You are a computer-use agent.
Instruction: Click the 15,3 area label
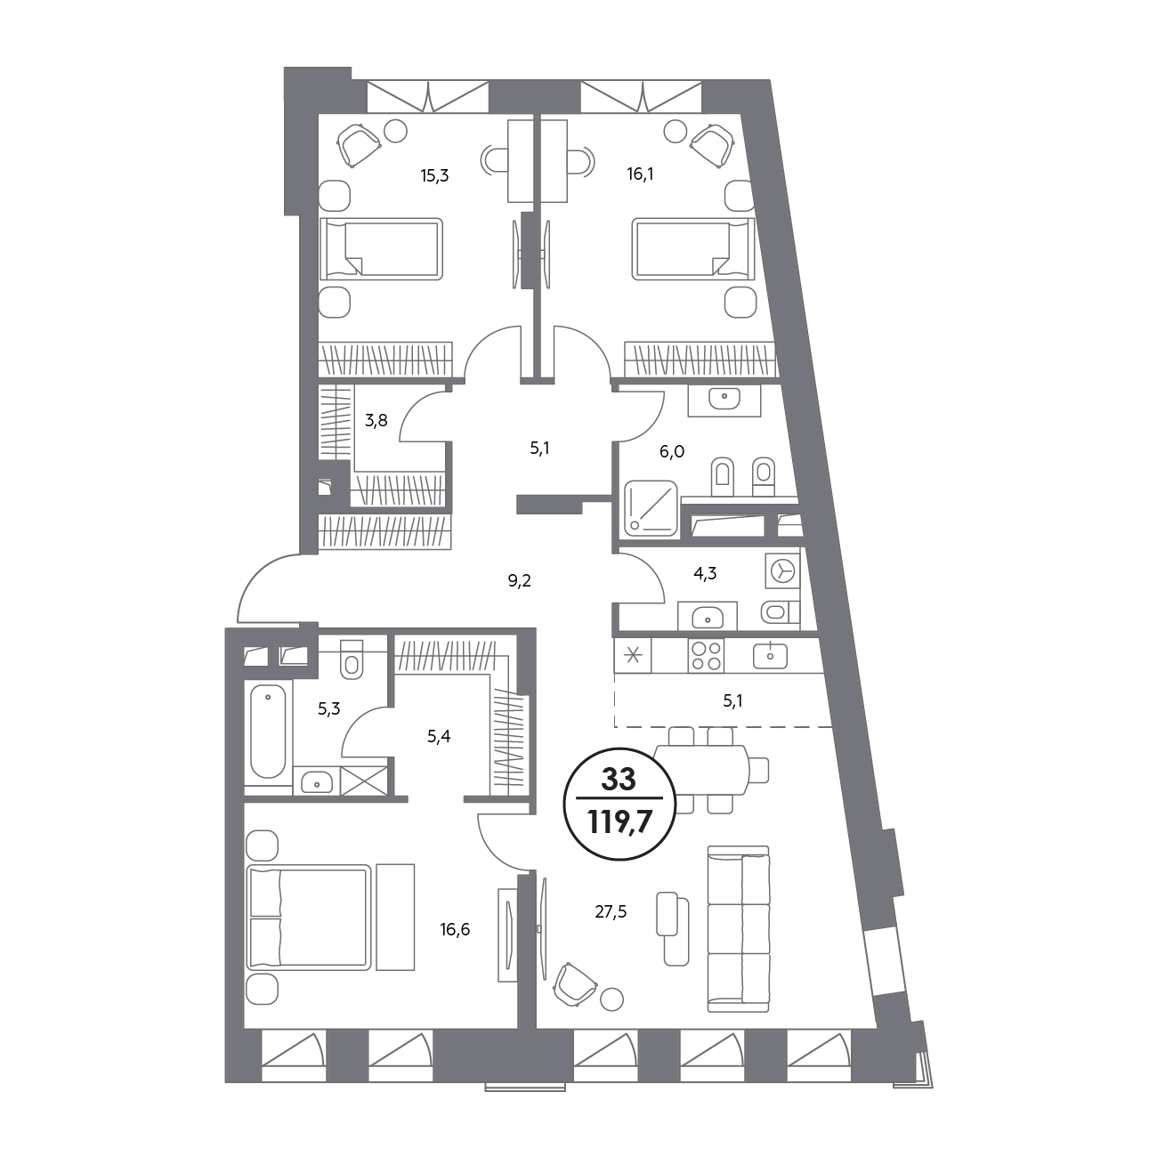click(434, 176)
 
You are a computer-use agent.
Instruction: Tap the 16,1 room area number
click(640, 174)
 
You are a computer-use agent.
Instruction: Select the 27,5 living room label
click(611, 912)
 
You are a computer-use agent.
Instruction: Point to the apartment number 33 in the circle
click(619, 780)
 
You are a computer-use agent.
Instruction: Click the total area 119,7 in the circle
click(619, 821)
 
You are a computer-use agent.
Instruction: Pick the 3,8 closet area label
click(376, 420)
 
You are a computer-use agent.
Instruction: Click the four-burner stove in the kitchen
click(706, 656)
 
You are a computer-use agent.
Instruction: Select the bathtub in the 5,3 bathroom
click(268, 732)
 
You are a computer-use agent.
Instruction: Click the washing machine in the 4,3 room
click(782, 570)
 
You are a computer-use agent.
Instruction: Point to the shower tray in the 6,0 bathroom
click(651, 508)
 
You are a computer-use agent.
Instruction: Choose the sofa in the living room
click(739, 929)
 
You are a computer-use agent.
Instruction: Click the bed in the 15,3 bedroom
click(381, 249)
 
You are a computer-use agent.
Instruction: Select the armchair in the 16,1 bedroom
click(713, 145)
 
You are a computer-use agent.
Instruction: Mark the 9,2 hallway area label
click(520, 580)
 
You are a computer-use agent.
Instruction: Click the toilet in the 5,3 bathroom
click(352, 659)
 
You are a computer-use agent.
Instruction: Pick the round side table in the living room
click(611, 999)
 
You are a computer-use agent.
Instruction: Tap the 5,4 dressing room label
click(439, 737)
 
